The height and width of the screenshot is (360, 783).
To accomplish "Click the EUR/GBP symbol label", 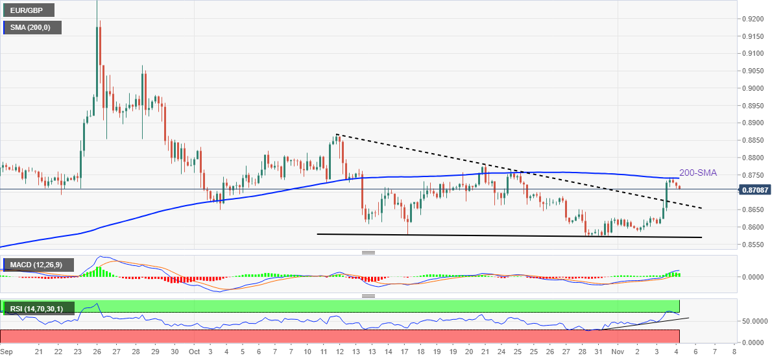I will (x=29, y=10).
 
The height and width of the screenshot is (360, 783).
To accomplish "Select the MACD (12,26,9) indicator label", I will (x=38, y=265).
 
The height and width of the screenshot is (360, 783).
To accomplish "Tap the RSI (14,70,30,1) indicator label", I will (x=38, y=309).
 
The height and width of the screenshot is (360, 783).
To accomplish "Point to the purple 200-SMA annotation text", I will (x=698, y=173).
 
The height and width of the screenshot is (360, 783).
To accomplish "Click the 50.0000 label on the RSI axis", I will (x=755, y=321).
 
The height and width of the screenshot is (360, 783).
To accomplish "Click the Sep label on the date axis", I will (x=6, y=352).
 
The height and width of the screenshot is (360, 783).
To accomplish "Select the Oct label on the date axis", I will (x=193, y=352).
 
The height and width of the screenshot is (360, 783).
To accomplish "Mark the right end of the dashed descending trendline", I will (x=702, y=208).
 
